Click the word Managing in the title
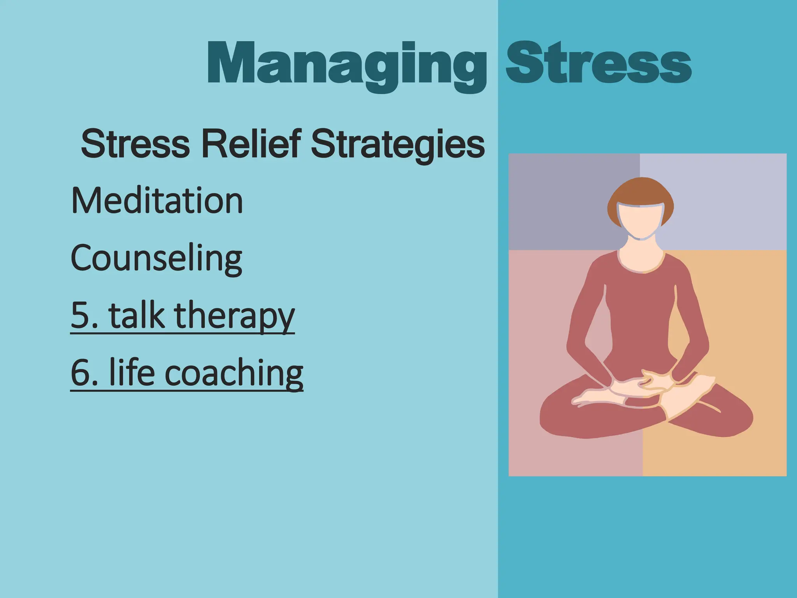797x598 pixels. (x=346, y=64)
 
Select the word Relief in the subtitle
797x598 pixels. (x=251, y=144)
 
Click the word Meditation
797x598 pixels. (x=157, y=201)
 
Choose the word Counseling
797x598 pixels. (x=156, y=259)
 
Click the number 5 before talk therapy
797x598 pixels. (x=80, y=315)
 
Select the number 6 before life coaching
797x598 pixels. (x=80, y=373)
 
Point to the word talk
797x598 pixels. (x=137, y=315)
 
